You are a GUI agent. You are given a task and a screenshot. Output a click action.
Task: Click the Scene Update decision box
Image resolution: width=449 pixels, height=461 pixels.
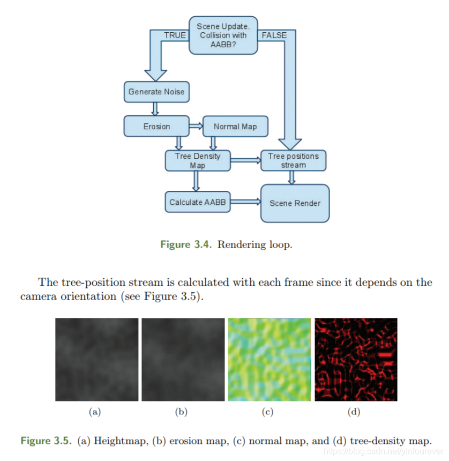[x=223, y=35]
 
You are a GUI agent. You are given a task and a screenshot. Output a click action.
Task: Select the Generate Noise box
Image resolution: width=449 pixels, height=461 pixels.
[x=156, y=92]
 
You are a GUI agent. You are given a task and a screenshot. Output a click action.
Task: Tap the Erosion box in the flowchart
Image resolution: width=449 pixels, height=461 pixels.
[x=156, y=127]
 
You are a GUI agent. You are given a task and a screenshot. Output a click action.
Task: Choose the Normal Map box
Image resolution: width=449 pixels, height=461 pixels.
[x=235, y=127]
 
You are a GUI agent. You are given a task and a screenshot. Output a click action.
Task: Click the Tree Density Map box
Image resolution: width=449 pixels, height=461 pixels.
[x=197, y=160]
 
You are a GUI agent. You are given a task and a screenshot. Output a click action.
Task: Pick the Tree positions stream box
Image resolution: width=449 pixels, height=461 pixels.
[x=293, y=160]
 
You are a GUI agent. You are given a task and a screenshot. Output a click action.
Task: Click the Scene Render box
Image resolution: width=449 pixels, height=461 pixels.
[x=295, y=203]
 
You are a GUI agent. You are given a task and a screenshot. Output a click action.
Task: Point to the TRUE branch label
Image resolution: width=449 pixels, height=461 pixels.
[x=175, y=35]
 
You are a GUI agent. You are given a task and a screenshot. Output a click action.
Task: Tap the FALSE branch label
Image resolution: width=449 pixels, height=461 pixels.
[x=274, y=35]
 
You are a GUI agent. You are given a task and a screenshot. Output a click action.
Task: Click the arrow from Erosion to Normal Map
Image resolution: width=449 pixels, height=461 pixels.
[x=196, y=127]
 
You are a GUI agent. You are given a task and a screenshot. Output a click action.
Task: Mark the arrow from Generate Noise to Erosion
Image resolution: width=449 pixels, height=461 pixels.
[x=155, y=108]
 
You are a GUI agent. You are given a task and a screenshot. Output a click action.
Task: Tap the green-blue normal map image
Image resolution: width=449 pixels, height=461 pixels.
[x=270, y=359]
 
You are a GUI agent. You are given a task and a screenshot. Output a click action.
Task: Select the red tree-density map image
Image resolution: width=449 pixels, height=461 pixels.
[x=356, y=359]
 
